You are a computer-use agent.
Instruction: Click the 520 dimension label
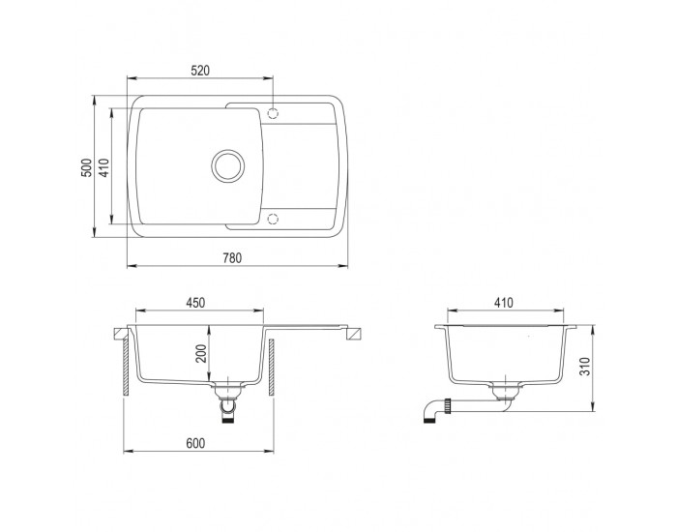pos(200,71)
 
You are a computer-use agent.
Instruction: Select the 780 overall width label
pos(232,258)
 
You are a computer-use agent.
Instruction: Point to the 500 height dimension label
pos(87,167)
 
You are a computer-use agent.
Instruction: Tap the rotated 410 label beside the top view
pos(104,167)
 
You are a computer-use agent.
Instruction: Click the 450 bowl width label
pos(195,303)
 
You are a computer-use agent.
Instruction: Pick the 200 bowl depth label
pos(201,354)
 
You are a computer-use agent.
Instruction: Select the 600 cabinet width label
pos(195,443)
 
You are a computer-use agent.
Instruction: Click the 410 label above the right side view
pos(504,303)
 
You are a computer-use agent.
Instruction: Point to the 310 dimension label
pos(585,367)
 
